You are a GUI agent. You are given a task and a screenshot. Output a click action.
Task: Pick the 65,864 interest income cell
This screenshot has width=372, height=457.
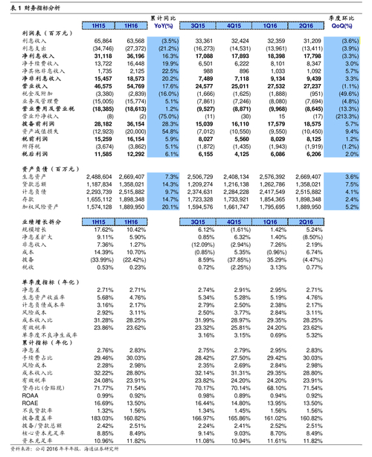103,41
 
